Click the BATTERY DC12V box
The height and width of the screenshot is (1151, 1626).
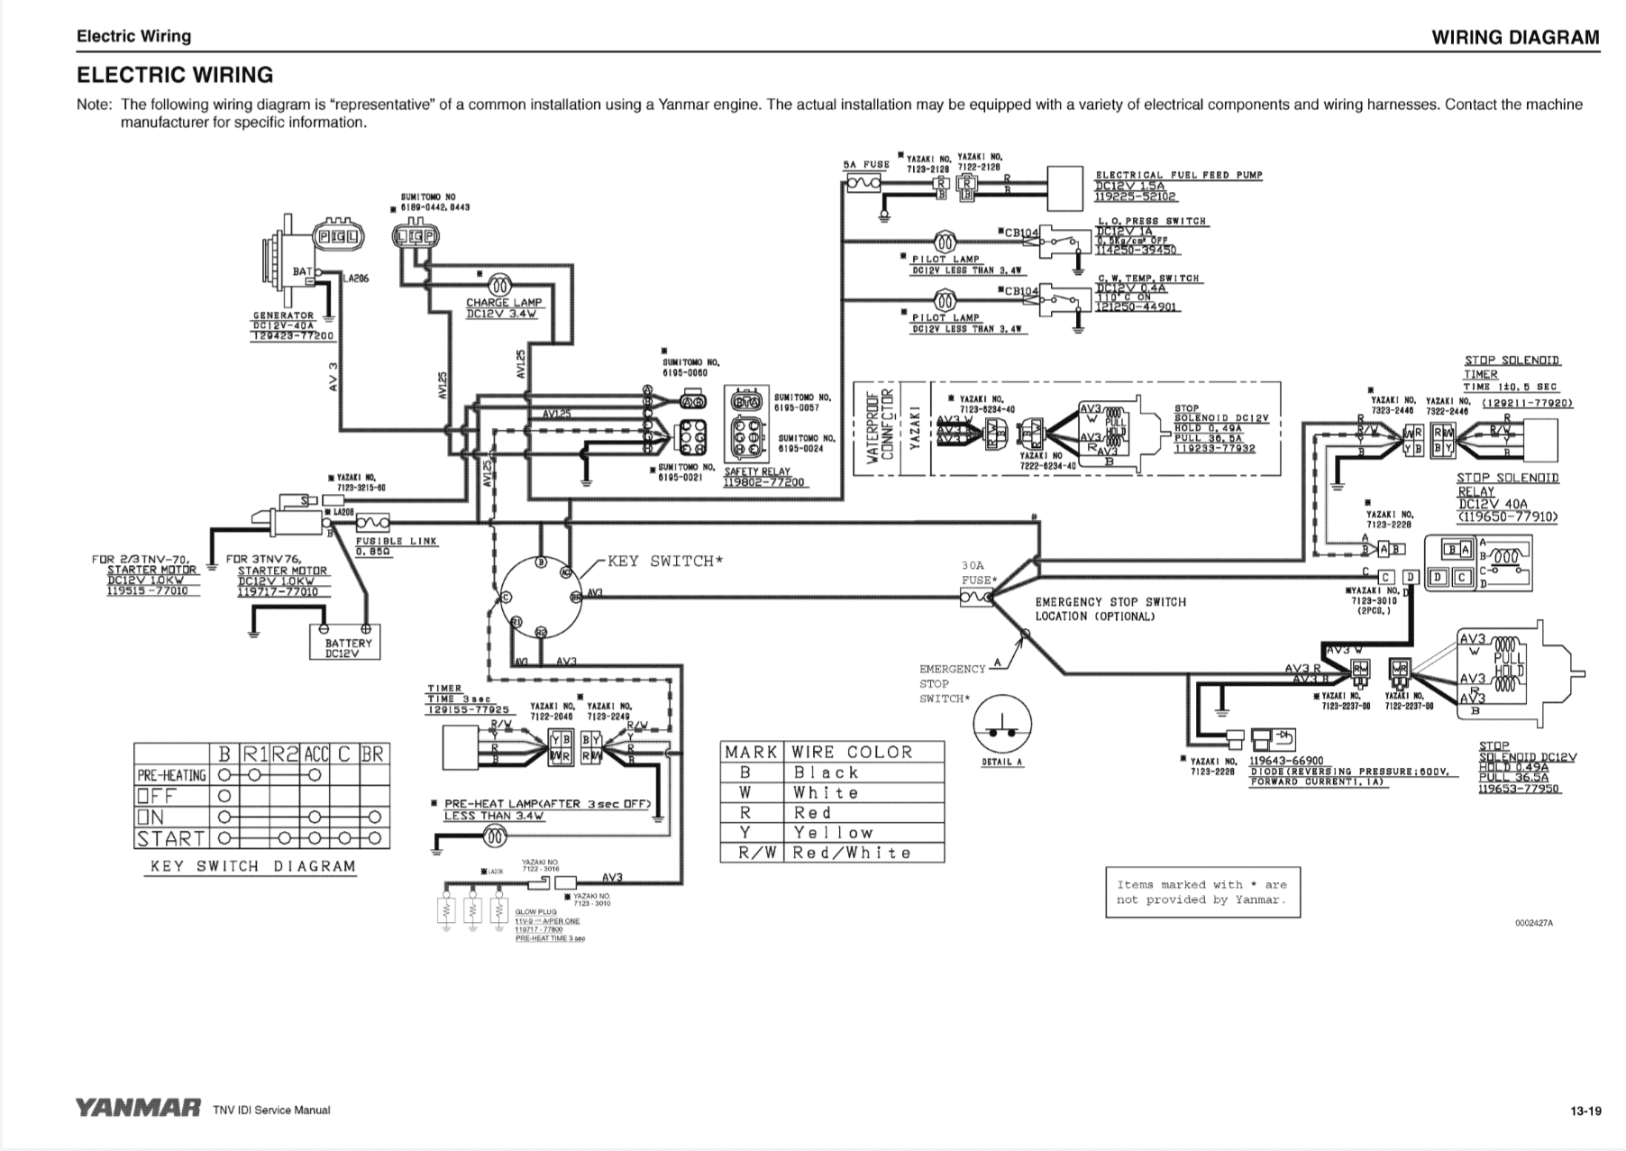coord(348,648)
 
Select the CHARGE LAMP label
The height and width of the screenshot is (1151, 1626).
coord(502,303)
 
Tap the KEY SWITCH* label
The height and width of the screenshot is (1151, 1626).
coord(665,562)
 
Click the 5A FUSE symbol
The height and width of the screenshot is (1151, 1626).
coord(863,184)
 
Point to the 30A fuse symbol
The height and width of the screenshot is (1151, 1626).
coord(976,597)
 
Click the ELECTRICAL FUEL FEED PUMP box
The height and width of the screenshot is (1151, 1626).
coord(1064,187)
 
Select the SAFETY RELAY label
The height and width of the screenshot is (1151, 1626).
coord(756,471)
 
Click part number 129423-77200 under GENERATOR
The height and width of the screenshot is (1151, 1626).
coord(292,336)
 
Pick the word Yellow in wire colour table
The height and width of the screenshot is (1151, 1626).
coord(832,833)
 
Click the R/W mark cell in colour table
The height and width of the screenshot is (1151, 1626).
coord(754,853)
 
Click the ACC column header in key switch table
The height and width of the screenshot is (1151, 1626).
coord(316,754)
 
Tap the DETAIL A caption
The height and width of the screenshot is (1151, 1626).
coord(1001,763)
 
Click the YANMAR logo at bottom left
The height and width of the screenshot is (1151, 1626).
coord(138,1109)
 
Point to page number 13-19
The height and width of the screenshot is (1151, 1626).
coord(1585,1111)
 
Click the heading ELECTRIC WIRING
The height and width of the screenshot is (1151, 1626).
coord(175,75)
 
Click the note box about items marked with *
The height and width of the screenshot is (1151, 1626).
coord(1201,892)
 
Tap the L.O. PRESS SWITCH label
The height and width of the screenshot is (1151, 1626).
coord(1151,221)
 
